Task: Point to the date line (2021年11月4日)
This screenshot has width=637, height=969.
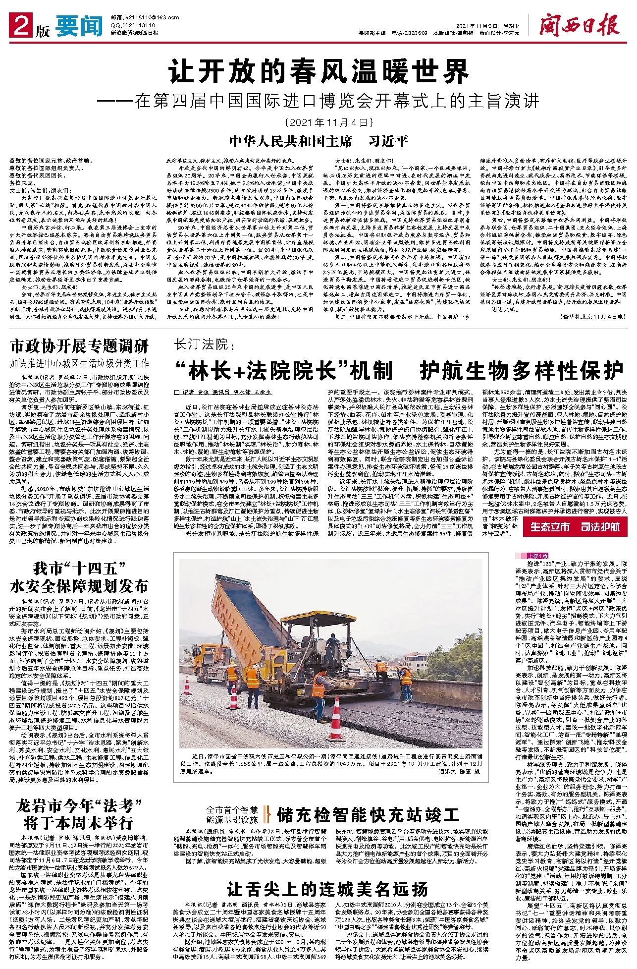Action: pyautogui.click(x=327, y=122)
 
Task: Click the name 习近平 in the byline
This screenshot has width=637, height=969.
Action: pyautogui.click(x=388, y=141)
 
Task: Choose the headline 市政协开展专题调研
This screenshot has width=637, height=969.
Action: pyautogui.click(x=79, y=345)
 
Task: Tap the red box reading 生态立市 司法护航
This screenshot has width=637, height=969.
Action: pyautogui.click(x=575, y=526)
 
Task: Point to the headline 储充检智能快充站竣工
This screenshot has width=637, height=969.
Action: pyautogui.click(x=368, y=814)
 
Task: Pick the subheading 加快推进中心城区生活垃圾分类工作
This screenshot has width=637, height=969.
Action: pyautogui.click(x=79, y=363)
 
